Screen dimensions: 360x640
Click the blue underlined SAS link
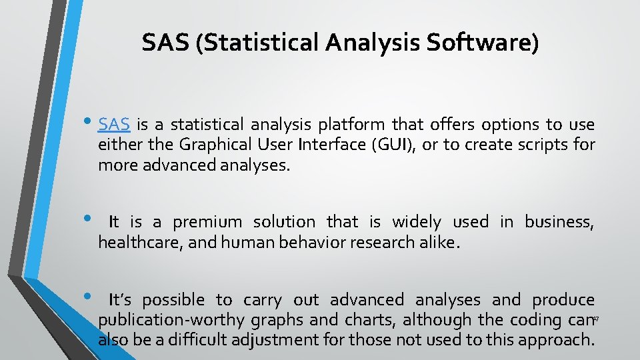(113, 125)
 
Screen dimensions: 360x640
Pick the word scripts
(543, 145)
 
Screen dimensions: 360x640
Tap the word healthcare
(139, 242)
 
